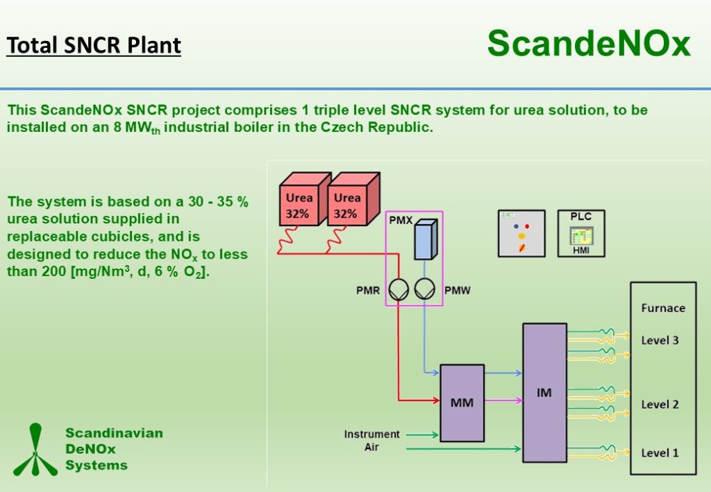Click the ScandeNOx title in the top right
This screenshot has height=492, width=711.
tap(589, 44)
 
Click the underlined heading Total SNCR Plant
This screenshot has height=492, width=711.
tap(94, 45)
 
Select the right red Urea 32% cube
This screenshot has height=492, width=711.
tap(349, 203)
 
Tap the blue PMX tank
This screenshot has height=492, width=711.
tap(423, 240)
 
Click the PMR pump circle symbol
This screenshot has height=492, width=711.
tap(398, 290)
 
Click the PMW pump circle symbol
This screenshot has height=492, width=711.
tap(424, 290)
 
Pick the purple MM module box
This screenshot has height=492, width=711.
tap(462, 402)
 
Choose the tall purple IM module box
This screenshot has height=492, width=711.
tap(544, 393)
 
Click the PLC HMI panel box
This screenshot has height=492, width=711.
tap(581, 233)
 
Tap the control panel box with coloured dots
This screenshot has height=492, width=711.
tap(521, 233)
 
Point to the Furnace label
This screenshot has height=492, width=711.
tap(662, 308)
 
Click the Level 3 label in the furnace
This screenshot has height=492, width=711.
tap(660, 341)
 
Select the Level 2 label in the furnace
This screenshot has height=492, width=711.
tap(660, 405)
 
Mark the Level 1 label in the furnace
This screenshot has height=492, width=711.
tap(660, 453)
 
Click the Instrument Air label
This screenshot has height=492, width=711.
tap(372, 441)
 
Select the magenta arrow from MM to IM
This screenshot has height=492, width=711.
tap(503, 400)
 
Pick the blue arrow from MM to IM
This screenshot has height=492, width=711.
tap(503, 373)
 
